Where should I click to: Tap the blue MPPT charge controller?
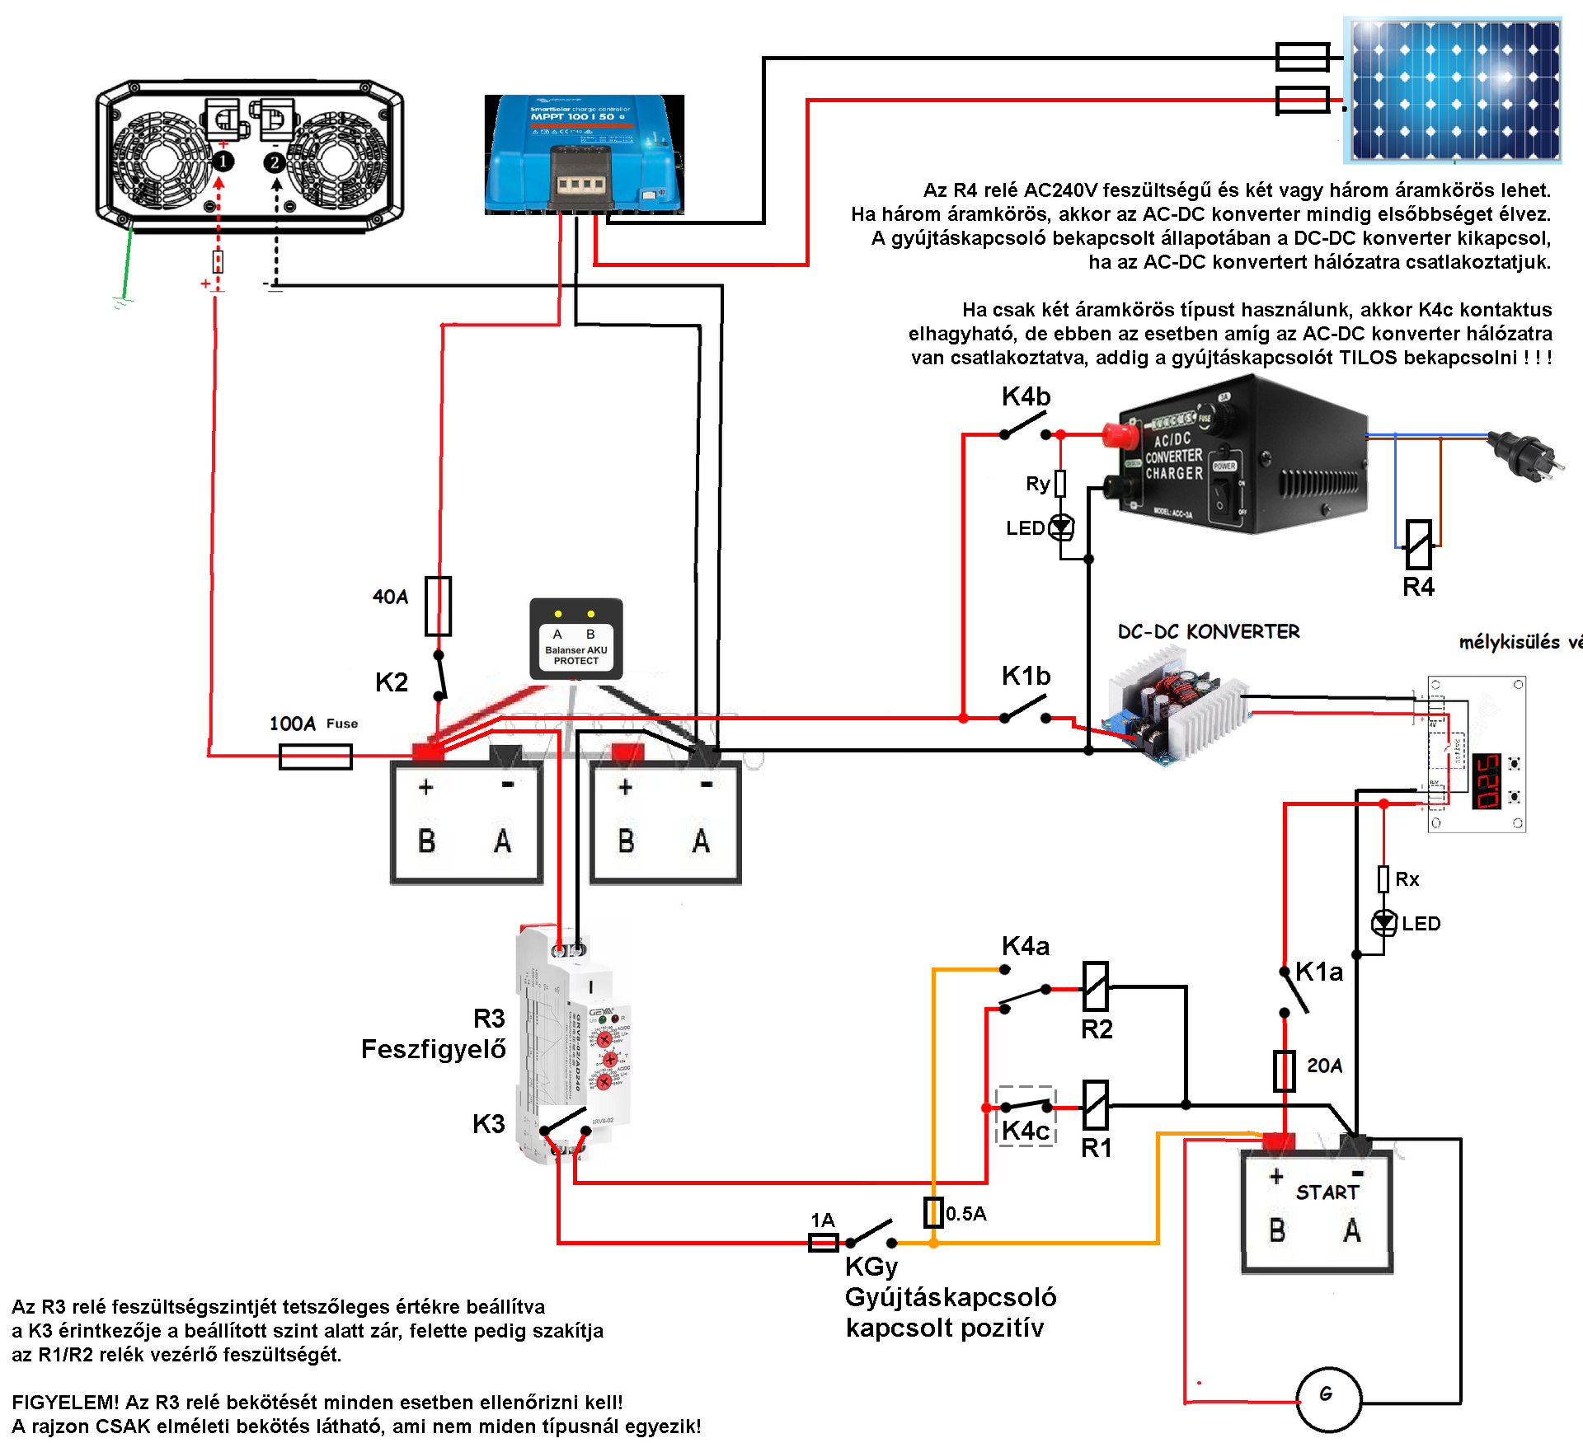584,155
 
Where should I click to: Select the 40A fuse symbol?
438,606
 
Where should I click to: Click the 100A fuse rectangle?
316,756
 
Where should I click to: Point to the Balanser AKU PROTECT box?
575,640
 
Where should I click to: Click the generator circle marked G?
1328,1399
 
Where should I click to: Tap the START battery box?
1317,1210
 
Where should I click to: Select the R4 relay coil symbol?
1418,544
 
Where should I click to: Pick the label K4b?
1026,396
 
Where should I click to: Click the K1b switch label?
1026,676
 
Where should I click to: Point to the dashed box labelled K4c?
1026,1116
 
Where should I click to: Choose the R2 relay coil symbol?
1095,986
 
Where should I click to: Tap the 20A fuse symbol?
1284,1071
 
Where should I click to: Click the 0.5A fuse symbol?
933,1211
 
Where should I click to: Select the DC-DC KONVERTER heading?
1208,632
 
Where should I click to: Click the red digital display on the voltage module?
1487,780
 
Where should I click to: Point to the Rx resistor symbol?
1383,878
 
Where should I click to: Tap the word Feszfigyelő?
433,1049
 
